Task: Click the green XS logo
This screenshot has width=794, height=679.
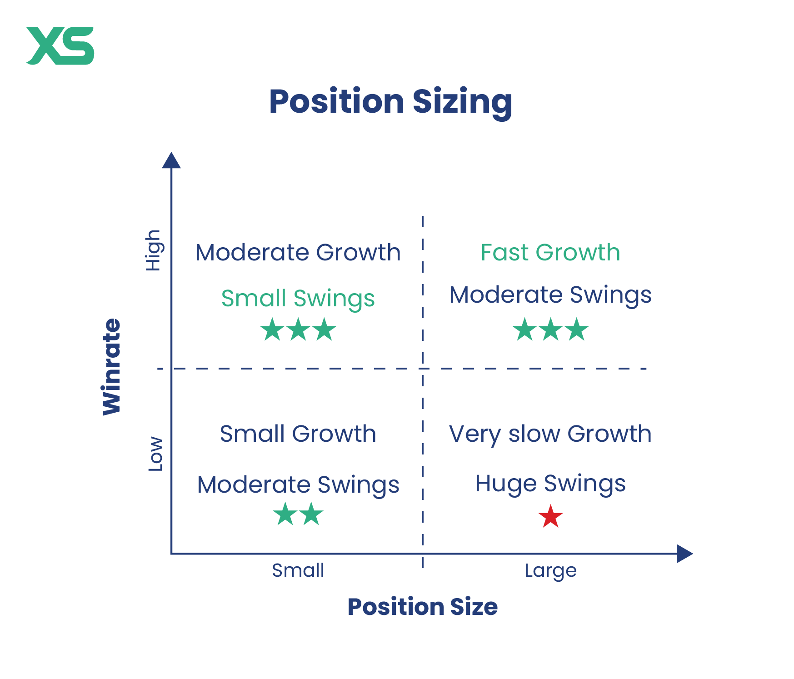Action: [x=60, y=45]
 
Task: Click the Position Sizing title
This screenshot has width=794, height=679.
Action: [x=391, y=102]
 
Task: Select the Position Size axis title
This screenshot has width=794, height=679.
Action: [x=423, y=607]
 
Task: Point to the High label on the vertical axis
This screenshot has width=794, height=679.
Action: [x=153, y=250]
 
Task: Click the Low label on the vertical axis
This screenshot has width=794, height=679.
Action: [x=155, y=454]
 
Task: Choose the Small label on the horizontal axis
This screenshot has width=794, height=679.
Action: [x=298, y=570]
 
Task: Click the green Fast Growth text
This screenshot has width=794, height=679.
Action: [x=550, y=252]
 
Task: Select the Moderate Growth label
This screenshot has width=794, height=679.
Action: [x=298, y=252]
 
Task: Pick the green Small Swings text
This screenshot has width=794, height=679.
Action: [x=298, y=299]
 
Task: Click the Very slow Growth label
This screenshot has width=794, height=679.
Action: [x=550, y=434]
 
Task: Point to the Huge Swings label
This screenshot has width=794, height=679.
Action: [x=550, y=484]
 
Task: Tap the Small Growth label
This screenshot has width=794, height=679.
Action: [x=298, y=434]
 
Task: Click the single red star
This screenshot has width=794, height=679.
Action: [x=551, y=516]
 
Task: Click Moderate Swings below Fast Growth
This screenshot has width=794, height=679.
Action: [x=550, y=295]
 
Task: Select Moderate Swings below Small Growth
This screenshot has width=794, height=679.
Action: [x=298, y=485]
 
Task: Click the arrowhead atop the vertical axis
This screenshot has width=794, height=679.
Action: [x=171, y=160]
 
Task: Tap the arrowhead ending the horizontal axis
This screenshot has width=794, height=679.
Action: [x=684, y=554]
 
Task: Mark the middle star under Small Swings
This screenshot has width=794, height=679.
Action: [x=299, y=330]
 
